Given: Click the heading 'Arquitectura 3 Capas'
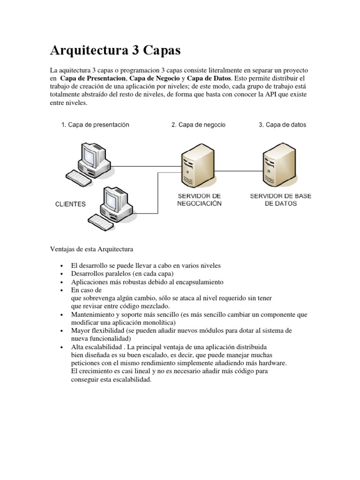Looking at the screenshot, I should coord(115,50).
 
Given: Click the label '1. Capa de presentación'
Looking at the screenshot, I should coord(95,125).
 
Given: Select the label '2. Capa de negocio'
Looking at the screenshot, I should coord(198,125).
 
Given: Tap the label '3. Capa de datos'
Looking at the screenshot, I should coord(282,125).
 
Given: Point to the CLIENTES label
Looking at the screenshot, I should coord(70,204).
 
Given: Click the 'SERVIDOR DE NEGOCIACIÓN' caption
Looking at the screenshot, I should coord(199,199).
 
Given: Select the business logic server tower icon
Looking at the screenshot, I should coord(193,164).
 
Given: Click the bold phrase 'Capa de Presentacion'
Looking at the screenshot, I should coord(93,78).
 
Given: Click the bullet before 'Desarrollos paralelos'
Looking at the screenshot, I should coord(62,274).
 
